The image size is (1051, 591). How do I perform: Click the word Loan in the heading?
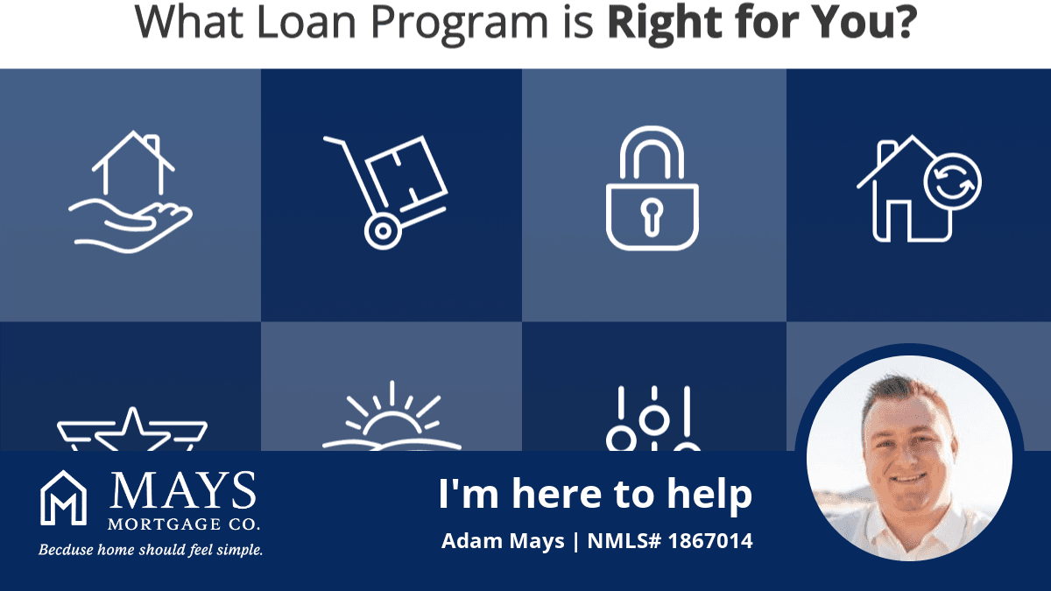[x=307, y=22]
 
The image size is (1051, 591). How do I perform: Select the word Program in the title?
[x=459, y=25]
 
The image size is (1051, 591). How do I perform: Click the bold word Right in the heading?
[x=665, y=25]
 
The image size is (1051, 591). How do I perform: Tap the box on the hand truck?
[x=406, y=172]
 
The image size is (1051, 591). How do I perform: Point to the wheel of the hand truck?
[x=383, y=231]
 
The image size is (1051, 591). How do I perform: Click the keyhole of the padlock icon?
[x=652, y=217]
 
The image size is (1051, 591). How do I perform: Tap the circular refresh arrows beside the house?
[x=953, y=182]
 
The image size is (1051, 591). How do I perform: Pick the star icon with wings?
[x=132, y=429]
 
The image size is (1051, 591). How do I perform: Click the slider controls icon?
[x=653, y=419]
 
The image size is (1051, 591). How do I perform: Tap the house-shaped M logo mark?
[x=63, y=497]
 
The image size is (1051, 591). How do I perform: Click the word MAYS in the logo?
[x=183, y=490]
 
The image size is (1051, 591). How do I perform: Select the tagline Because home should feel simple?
[x=151, y=550]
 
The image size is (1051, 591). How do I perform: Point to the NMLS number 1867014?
[x=710, y=541]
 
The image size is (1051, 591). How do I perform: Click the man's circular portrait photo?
[x=909, y=458]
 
